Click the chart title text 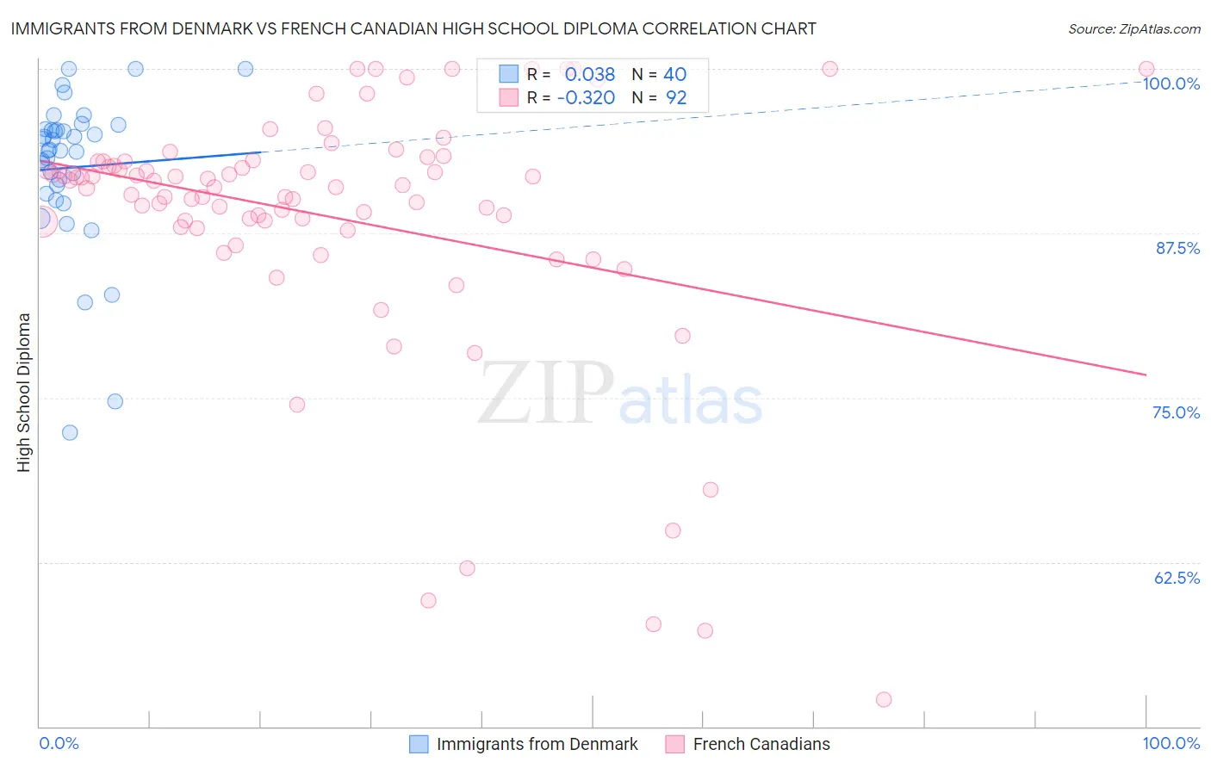pyautogui.click(x=413, y=28)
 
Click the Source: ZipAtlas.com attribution pyautogui.click(x=1133, y=28)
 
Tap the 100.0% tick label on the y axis pyautogui.click(x=1171, y=84)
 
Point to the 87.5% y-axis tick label pyautogui.click(x=1177, y=248)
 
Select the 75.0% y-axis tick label pyautogui.click(x=1176, y=412)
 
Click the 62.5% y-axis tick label pyautogui.click(x=1177, y=578)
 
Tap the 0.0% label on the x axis pyautogui.click(x=59, y=743)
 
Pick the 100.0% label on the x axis pyautogui.click(x=1171, y=743)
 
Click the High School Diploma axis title pyautogui.click(x=24, y=392)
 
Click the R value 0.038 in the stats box pyautogui.click(x=590, y=75)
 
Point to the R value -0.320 pyautogui.click(x=586, y=98)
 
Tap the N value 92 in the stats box pyautogui.click(x=676, y=98)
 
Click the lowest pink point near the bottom pyautogui.click(x=883, y=699)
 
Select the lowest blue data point pyautogui.click(x=70, y=432)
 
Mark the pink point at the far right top pyautogui.click(x=1146, y=69)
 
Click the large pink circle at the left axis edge pyautogui.click(x=40, y=221)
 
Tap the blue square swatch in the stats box pyautogui.click(x=509, y=74)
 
